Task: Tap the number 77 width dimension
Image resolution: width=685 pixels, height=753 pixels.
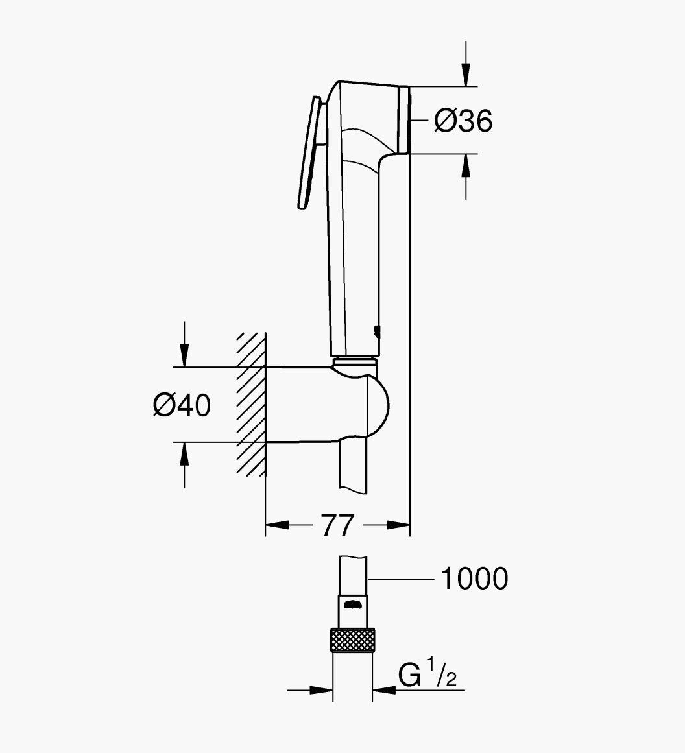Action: (338, 525)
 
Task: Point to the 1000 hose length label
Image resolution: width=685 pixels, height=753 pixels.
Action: (474, 578)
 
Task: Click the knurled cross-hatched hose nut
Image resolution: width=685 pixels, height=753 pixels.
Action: (353, 640)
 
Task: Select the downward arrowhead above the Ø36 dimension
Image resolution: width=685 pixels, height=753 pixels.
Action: (466, 75)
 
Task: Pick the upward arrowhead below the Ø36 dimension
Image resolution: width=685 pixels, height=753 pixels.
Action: (466, 165)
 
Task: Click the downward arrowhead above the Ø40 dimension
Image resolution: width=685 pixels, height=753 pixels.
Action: (184, 355)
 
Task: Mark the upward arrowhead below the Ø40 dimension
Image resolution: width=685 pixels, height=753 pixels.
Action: (184, 454)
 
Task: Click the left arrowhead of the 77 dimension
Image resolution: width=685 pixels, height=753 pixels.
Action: (277, 525)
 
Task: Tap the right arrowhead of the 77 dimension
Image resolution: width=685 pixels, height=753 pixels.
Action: (398, 525)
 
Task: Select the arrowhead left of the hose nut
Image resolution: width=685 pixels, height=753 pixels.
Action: (321, 691)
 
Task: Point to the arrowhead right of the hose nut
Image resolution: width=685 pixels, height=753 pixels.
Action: (384, 691)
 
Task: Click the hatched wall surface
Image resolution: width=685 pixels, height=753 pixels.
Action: (251, 404)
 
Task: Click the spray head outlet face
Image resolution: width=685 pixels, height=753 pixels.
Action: (405, 120)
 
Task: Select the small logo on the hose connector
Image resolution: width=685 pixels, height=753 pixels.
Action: (353, 604)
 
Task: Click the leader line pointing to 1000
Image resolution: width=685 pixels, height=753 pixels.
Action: (401, 579)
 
